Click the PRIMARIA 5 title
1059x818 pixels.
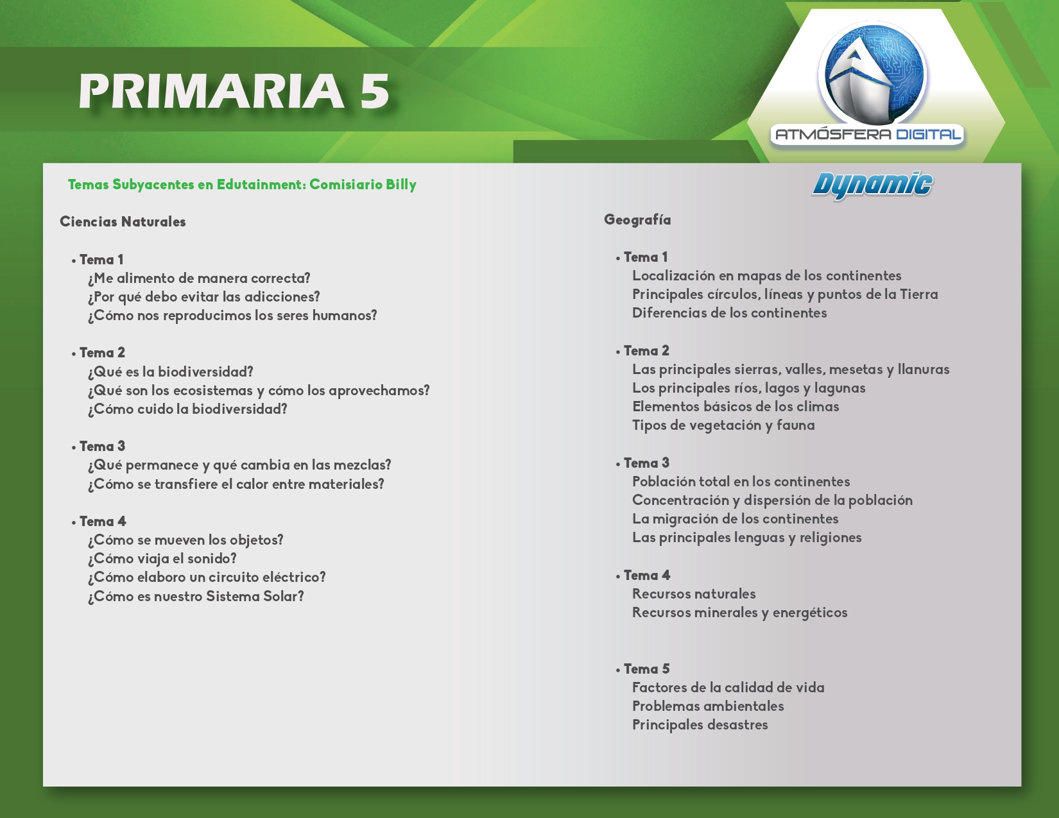tap(234, 91)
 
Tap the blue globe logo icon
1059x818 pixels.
tap(873, 74)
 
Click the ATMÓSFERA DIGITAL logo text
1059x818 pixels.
tap(868, 134)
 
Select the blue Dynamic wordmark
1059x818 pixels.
tap(872, 185)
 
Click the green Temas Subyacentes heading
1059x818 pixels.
tap(242, 185)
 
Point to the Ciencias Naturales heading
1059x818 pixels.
tap(123, 222)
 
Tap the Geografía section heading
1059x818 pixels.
tap(637, 220)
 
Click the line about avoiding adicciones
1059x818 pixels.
tap(203, 296)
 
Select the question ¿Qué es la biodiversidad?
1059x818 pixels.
tap(171, 371)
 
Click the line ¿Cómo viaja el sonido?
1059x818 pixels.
tap(162, 558)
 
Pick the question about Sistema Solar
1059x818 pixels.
tap(196, 596)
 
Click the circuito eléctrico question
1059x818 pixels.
tap(207, 577)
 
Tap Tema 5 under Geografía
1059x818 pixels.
tap(647, 669)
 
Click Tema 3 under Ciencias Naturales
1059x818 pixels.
tap(102, 447)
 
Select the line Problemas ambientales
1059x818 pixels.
tap(708, 706)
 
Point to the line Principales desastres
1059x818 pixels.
tap(700, 725)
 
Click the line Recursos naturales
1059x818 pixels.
tap(694, 594)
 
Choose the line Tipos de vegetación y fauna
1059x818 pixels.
tap(723, 425)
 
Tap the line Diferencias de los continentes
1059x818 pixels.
tap(730, 313)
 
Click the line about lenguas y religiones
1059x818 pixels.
tap(746, 538)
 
